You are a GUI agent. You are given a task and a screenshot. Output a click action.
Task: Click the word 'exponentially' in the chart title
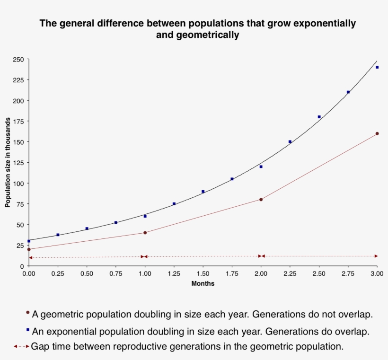(x=326, y=23)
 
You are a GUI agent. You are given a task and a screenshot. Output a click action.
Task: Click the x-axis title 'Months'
(x=203, y=283)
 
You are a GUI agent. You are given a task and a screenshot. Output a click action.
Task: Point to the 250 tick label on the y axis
(x=18, y=60)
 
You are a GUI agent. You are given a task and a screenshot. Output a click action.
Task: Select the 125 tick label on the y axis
(x=18, y=163)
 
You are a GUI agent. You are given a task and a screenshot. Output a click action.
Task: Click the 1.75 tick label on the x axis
(x=232, y=274)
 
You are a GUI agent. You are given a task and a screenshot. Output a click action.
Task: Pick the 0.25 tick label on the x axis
(x=58, y=274)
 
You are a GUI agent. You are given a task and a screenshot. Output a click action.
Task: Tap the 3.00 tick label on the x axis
(x=377, y=274)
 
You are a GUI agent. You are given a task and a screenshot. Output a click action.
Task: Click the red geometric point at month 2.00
(x=261, y=200)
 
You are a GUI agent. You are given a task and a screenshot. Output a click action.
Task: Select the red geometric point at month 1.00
(x=145, y=233)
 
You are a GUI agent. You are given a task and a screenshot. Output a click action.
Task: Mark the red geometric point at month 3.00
(x=377, y=133)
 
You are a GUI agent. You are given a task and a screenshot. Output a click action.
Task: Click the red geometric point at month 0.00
(x=29, y=249)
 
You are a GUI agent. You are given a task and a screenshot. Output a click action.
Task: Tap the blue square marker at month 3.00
(x=377, y=67)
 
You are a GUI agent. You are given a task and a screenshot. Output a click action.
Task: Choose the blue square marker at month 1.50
(x=203, y=192)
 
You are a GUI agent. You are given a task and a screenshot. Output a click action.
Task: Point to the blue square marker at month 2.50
(x=319, y=117)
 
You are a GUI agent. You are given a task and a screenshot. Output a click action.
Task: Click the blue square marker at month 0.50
(x=87, y=228)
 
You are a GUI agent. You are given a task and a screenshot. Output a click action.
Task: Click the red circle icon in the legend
(x=27, y=313)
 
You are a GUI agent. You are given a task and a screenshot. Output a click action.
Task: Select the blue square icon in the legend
(x=27, y=329)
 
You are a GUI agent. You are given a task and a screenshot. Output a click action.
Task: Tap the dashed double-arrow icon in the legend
(x=21, y=346)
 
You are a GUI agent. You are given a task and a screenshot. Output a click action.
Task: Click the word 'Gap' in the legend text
(x=40, y=346)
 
